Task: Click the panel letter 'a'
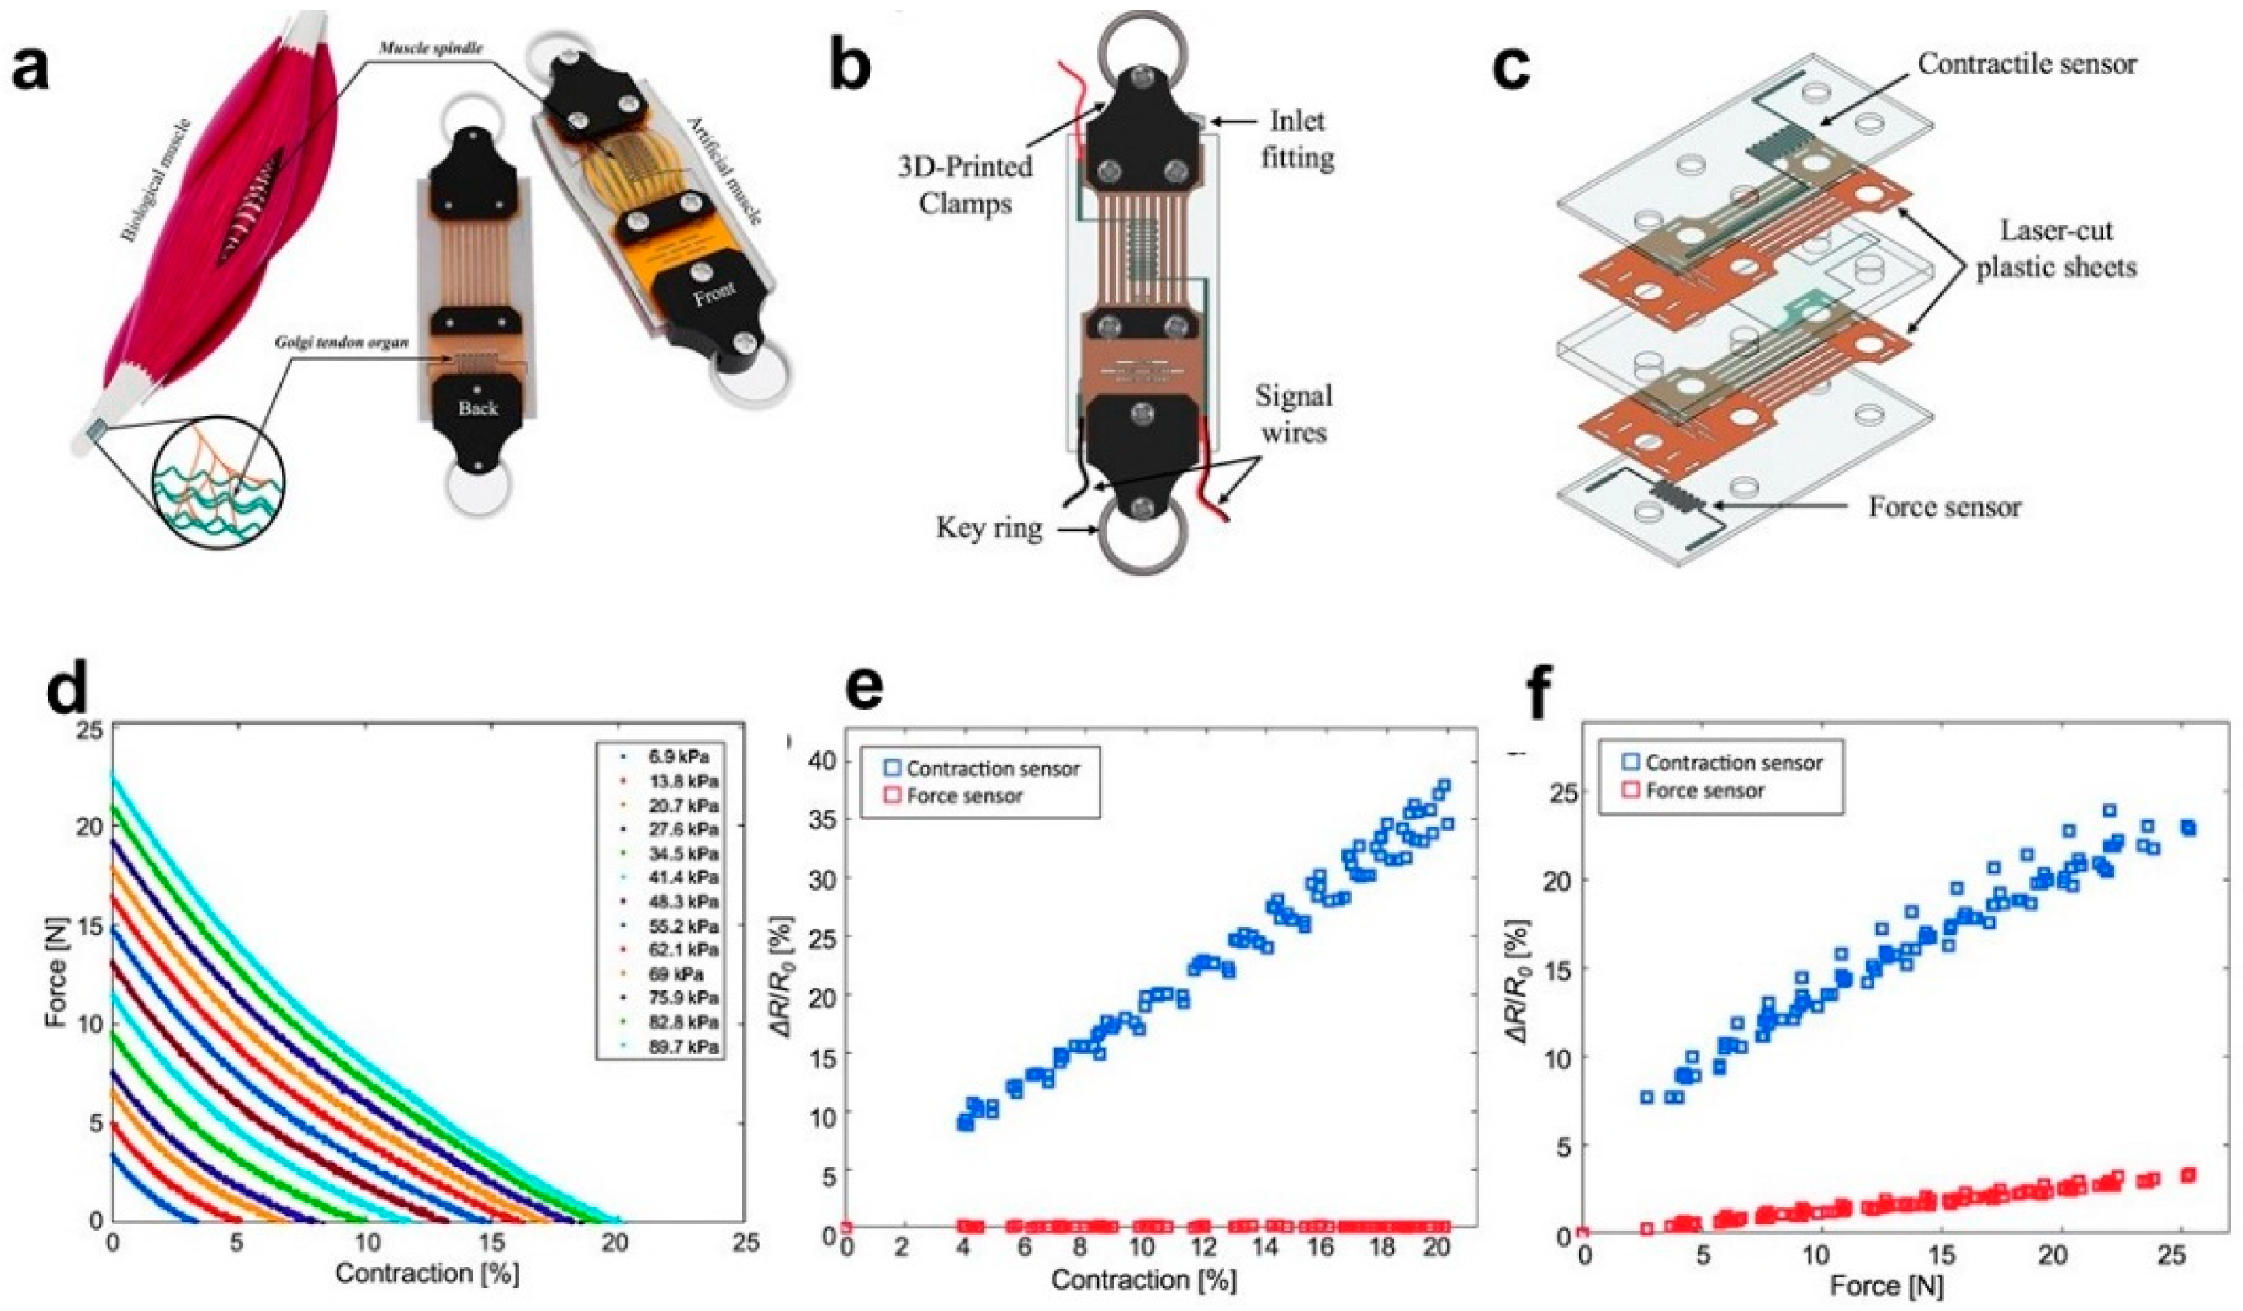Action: [x=31, y=71]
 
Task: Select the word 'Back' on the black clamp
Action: [x=478, y=409]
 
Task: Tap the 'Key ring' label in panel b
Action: [x=988, y=529]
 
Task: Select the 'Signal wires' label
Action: [x=1293, y=414]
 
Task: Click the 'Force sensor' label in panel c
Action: [x=1944, y=507]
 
